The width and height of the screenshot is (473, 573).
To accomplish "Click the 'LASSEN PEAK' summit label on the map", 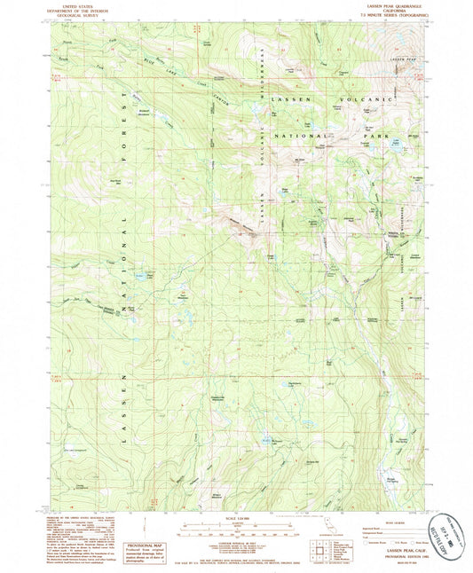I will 402,58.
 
